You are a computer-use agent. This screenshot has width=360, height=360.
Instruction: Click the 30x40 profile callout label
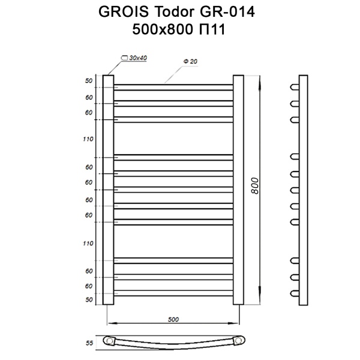point(138,58)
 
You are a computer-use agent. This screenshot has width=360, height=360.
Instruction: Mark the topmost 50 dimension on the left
point(89,81)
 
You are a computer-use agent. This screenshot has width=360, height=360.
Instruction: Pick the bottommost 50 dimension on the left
point(89,299)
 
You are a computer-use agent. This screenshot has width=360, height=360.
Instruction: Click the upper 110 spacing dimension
point(88,139)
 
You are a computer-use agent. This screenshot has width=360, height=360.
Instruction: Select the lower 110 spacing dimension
point(88,243)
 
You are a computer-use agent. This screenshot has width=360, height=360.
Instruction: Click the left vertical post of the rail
point(108,189)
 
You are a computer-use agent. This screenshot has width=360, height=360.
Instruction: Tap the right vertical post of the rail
point(238,189)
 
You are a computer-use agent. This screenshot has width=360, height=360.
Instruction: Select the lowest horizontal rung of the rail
point(173,292)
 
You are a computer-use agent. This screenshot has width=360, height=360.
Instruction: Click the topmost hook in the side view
point(295,87)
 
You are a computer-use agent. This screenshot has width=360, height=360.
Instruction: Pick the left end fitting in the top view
point(110,341)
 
